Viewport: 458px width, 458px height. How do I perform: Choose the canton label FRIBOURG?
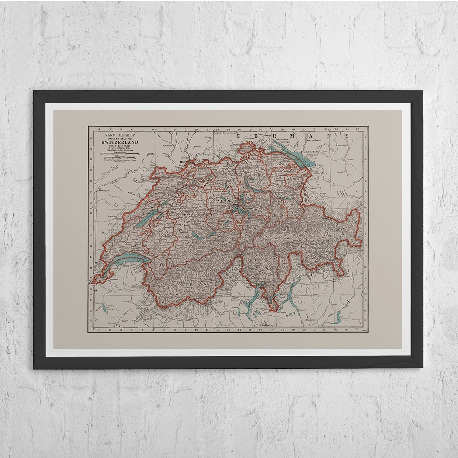point(159,234)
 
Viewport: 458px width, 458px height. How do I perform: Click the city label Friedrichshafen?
point(315,152)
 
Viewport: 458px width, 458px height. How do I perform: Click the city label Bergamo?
point(311,323)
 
